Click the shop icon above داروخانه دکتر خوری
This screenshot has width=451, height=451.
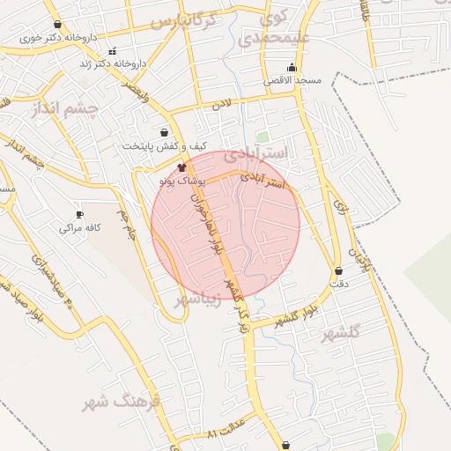pos(57,25)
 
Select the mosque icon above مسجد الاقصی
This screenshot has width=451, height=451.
pos(292,68)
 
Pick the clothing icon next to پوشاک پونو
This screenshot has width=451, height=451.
pos(182,167)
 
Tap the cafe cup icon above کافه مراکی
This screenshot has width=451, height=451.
pos(80,214)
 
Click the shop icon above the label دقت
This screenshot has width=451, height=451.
pos(339,271)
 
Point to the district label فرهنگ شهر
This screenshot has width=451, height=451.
pos(122,403)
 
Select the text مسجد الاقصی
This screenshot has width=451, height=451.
pos(294,81)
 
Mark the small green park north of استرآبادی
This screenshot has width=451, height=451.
pos(262,137)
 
